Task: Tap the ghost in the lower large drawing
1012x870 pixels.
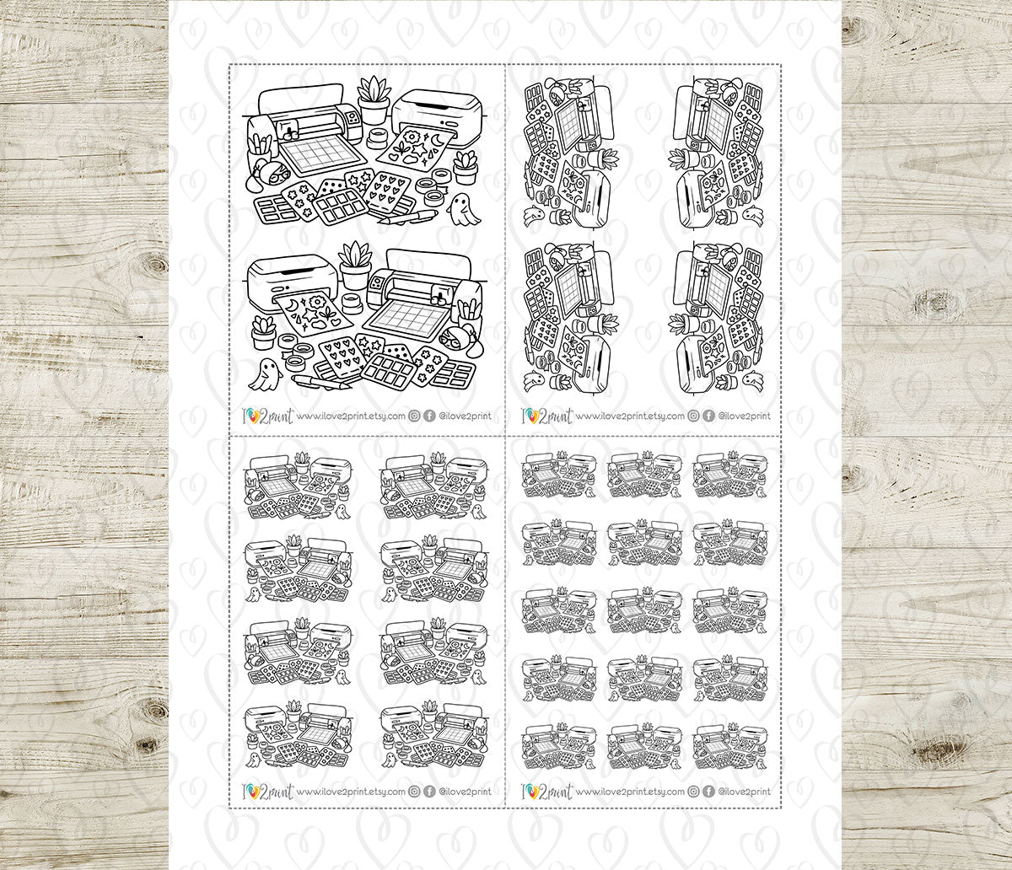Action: coord(263,374)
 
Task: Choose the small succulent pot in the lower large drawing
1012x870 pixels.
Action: coord(264,331)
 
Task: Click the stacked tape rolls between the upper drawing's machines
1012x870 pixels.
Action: coord(377,137)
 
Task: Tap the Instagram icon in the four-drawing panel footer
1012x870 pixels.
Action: coord(692,416)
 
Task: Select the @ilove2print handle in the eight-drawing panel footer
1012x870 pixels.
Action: coord(465,792)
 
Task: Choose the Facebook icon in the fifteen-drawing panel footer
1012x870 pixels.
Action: coord(707,792)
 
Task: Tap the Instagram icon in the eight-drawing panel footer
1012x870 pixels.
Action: coord(415,792)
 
